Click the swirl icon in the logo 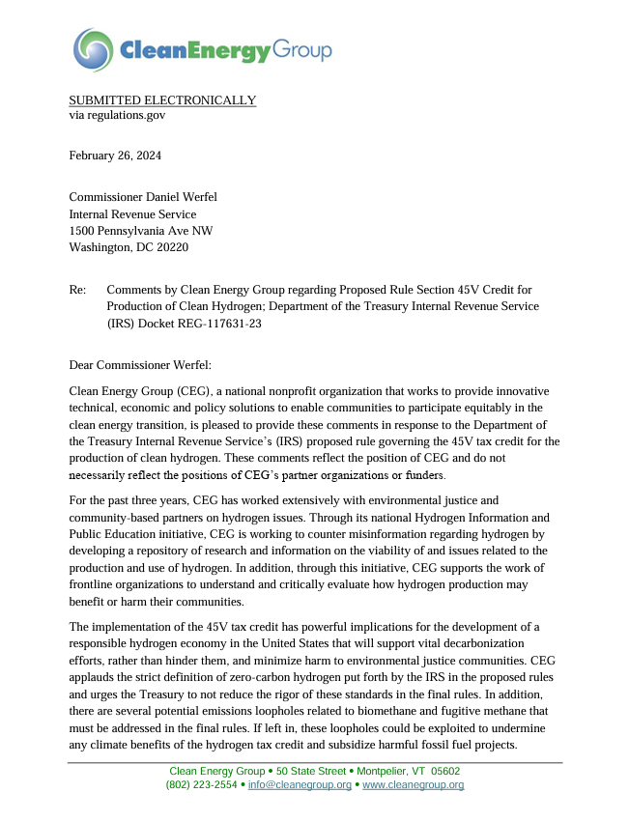pyautogui.click(x=93, y=49)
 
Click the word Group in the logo pyautogui.click(x=300, y=49)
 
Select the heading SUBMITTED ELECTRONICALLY pyautogui.click(x=162, y=100)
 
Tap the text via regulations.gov pyautogui.click(x=117, y=115)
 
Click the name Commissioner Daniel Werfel pyautogui.click(x=143, y=197)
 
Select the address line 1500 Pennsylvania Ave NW pyautogui.click(x=141, y=231)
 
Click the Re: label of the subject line pyautogui.click(x=77, y=289)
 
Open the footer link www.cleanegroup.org pyautogui.click(x=413, y=785)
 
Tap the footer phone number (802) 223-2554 pyautogui.click(x=201, y=785)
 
